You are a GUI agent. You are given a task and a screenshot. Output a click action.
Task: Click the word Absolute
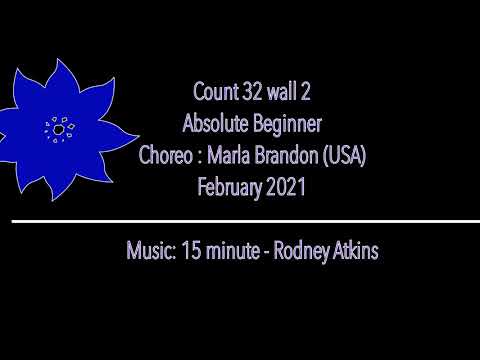pyautogui.click(x=216, y=125)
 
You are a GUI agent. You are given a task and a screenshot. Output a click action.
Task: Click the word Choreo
pyautogui.click(x=168, y=156)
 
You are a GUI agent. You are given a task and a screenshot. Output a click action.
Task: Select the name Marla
pyautogui.click(x=232, y=156)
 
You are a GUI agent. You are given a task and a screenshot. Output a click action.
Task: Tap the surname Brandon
pyautogui.click(x=294, y=156)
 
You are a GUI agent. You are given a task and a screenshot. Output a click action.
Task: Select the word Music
pyautogui.click(x=150, y=249)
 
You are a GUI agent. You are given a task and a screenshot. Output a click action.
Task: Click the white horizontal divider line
pyautogui.click(x=240, y=220)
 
